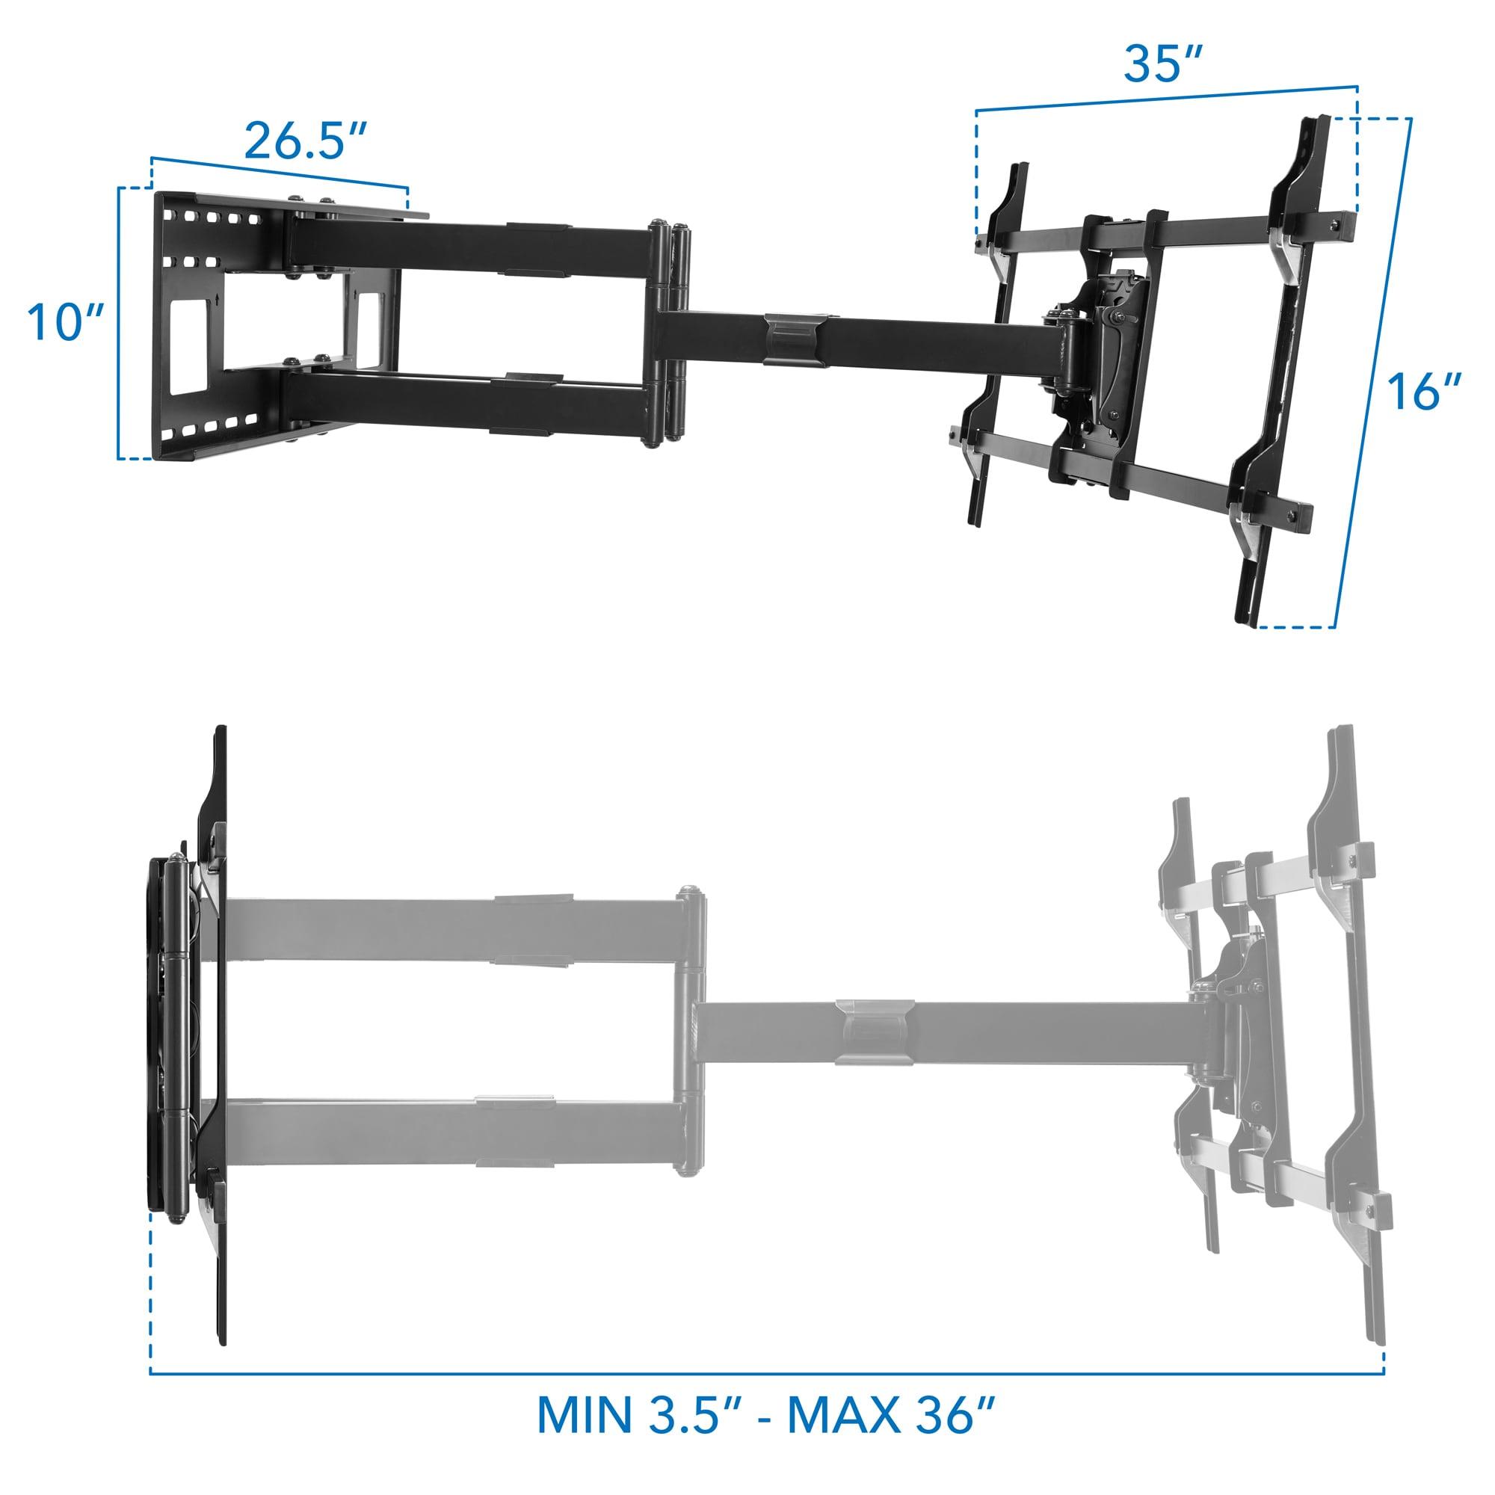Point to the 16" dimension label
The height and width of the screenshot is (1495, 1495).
1423,392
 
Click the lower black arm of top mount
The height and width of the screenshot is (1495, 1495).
464,402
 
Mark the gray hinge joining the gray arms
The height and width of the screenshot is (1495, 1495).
691,1029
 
